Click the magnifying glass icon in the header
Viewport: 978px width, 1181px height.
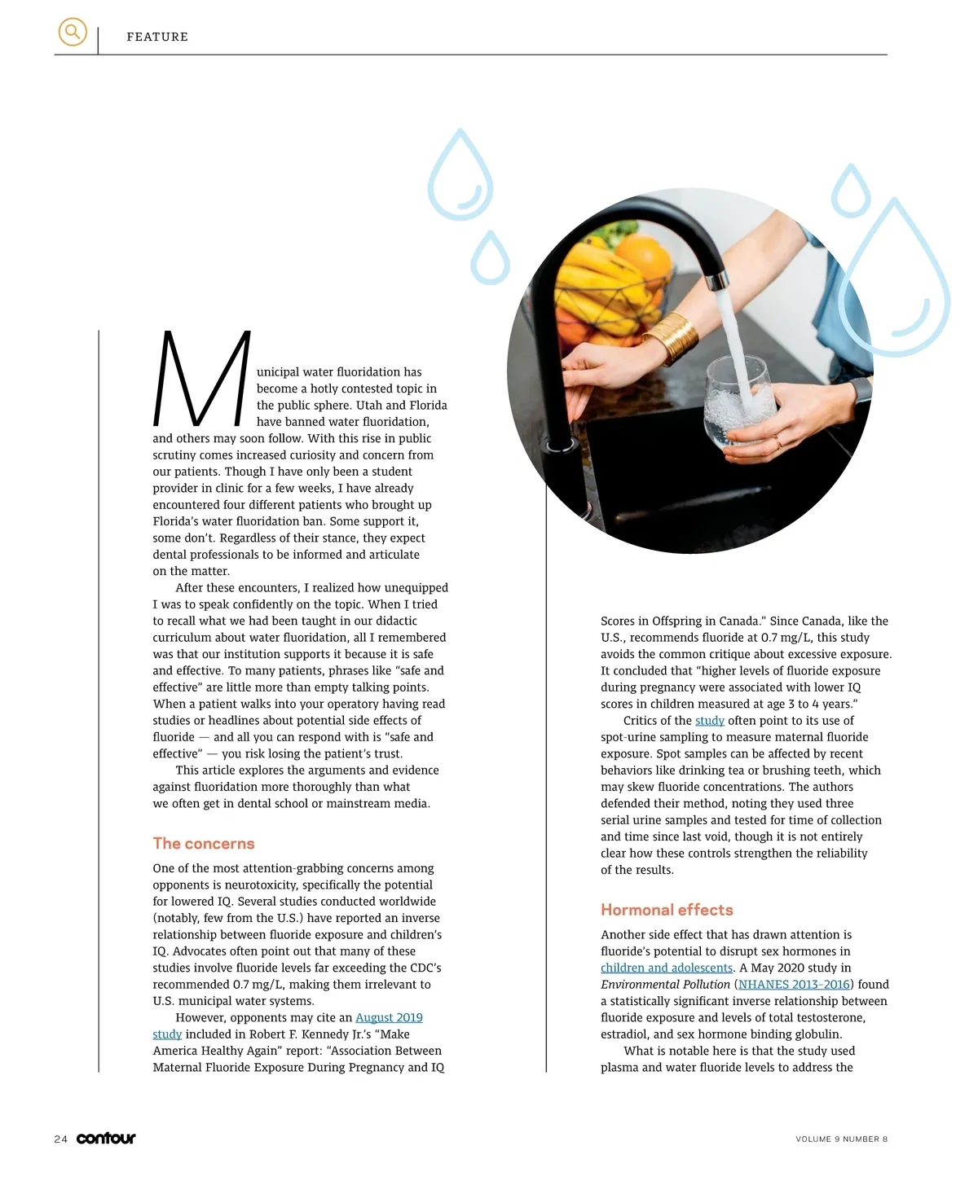[x=73, y=33]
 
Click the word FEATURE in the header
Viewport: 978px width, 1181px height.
[x=157, y=37]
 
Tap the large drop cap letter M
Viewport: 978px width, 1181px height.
[x=201, y=378]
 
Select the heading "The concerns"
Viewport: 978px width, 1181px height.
[x=204, y=844]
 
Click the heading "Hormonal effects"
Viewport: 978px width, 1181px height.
[x=667, y=910]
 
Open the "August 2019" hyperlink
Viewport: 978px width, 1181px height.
[x=389, y=1017]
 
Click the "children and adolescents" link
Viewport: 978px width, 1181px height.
[x=667, y=968]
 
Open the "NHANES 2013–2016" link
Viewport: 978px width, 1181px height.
[x=794, y=984]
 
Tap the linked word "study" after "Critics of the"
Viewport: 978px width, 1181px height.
[x=709, y=720]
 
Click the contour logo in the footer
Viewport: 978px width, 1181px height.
[x=106, y=1139]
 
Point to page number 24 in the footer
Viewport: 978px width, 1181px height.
[x=60, y=1139]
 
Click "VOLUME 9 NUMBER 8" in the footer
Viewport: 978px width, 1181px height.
[x=841, y=1139]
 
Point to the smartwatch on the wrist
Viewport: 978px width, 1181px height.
[x=861, y=392]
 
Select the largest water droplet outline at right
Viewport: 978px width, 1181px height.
[x=894, y=281]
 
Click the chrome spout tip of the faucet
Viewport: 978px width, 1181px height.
[x=717, y=281]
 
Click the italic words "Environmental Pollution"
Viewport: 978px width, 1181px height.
[x=665, y=984]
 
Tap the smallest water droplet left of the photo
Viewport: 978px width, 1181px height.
[x=490, y=258]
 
